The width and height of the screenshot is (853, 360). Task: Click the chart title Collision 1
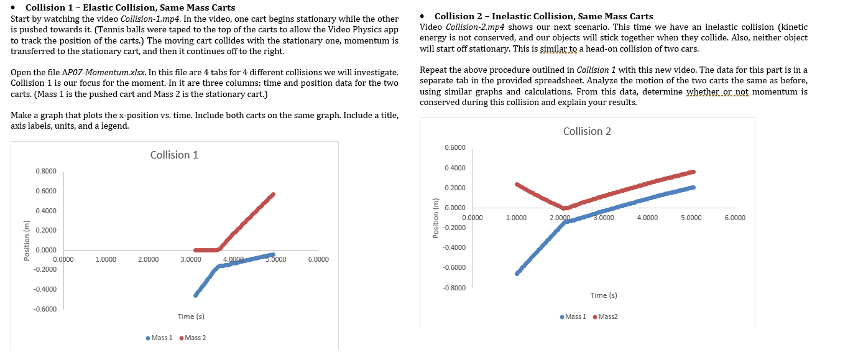pos(174,155)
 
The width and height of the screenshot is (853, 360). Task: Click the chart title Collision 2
pos(587,131)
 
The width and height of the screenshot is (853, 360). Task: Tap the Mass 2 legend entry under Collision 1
pos(193,338)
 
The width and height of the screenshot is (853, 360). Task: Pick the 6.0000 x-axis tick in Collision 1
pos(318,259)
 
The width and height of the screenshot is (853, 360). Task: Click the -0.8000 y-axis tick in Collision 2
pos(455,288)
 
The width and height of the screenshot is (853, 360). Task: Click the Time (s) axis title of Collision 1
pos(191,317)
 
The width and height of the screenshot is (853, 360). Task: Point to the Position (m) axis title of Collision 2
pos(435,218)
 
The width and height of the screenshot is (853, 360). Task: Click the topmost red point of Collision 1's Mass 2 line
pos(272,195)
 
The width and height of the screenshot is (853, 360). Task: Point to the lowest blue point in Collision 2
pos(517,274)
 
